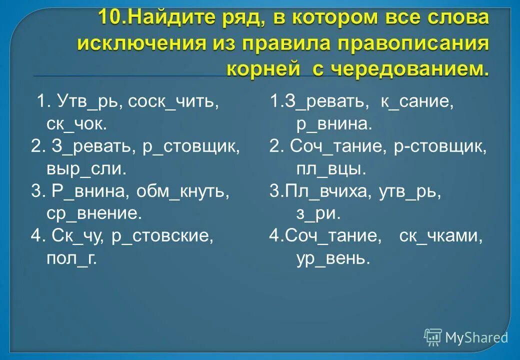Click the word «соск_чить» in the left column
(x=173, y=101)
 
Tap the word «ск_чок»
(x=75, y=124)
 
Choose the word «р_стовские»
(x=161, y=236)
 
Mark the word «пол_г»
(x=70, y=259)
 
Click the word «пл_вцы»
(x=328, y=169)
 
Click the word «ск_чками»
(x=440, y=236)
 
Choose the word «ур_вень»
(x=332, y=259)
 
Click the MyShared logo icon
(x=433, y=337)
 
